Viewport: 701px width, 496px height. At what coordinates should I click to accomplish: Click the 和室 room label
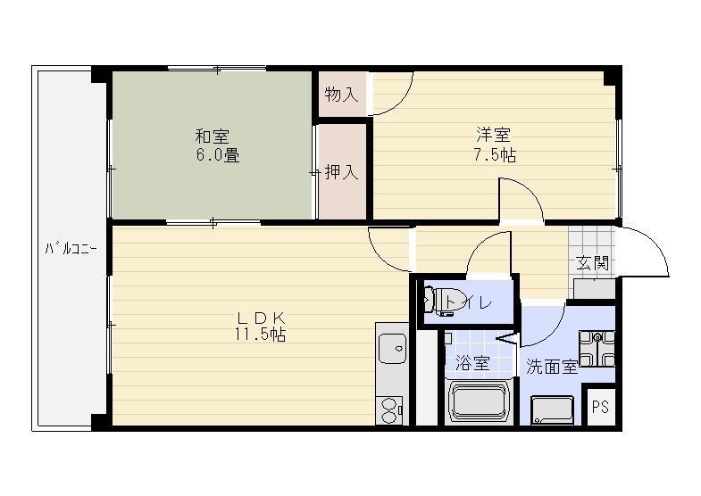tap(213, 136)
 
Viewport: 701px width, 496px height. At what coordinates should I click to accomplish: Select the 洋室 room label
tap(493, 136)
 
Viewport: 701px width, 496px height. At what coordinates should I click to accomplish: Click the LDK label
tap(260, 318)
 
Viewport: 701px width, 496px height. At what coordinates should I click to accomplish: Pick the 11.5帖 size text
tap(260, 335)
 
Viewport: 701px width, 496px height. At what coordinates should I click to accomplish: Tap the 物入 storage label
tap(341, 95)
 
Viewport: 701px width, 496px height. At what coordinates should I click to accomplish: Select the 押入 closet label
tap(341, 172)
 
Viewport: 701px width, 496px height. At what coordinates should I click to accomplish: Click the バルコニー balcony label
tap(71, 248)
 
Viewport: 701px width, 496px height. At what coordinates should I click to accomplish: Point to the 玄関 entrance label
tap(592, 263)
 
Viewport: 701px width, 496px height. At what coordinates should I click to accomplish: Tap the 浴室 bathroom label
tap(472, 363)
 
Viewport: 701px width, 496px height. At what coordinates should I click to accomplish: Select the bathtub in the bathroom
tap(482, 401)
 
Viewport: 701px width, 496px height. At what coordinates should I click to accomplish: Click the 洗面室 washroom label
tap(551, 366)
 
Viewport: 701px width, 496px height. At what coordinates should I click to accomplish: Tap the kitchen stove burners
tap(391, 409)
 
